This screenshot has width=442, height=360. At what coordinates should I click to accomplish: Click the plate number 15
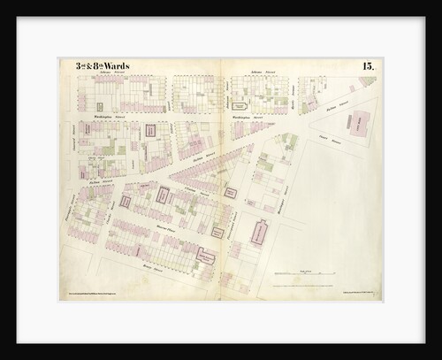coord(367,66)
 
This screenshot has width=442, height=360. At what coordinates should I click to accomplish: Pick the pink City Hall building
coord(360,126)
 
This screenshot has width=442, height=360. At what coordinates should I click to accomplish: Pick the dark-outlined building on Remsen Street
coord(205,257)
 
